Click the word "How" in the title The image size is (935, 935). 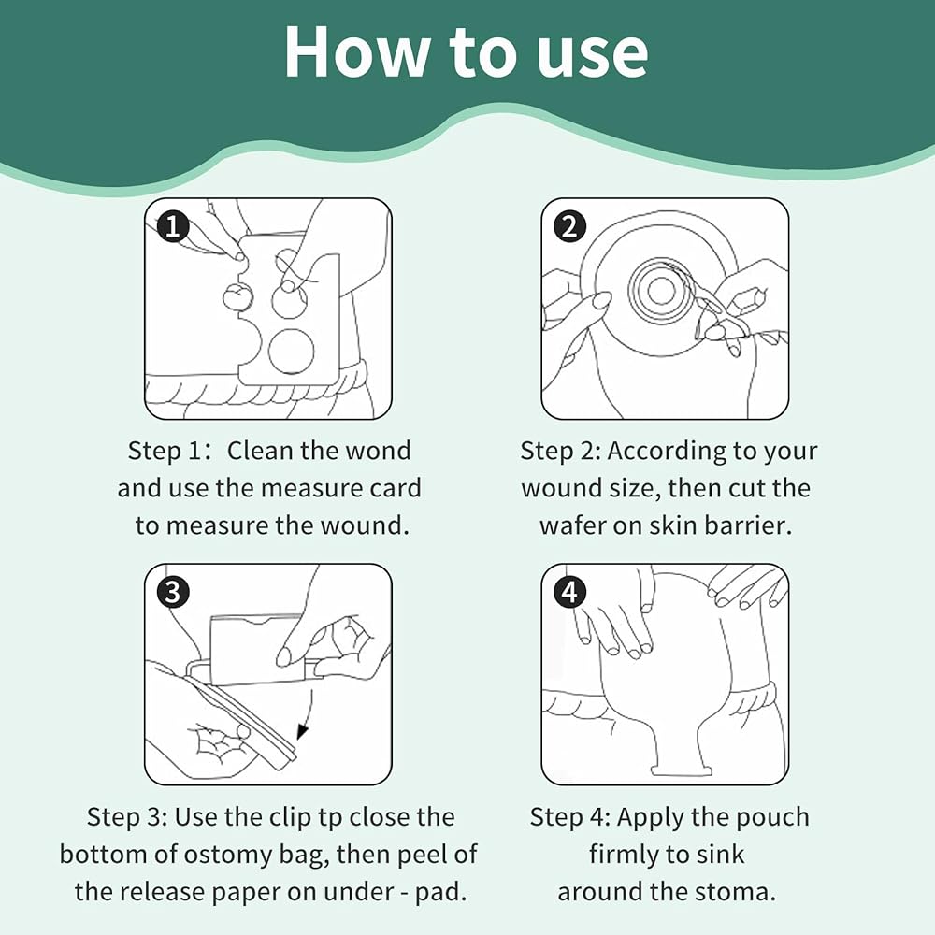(356, 51)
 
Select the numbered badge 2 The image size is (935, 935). (570, 227)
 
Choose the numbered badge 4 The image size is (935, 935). (570, 593)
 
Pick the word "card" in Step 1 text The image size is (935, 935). (396, 488)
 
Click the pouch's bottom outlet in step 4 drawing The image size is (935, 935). (682, 770)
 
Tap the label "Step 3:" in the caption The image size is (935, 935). (126, 817)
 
